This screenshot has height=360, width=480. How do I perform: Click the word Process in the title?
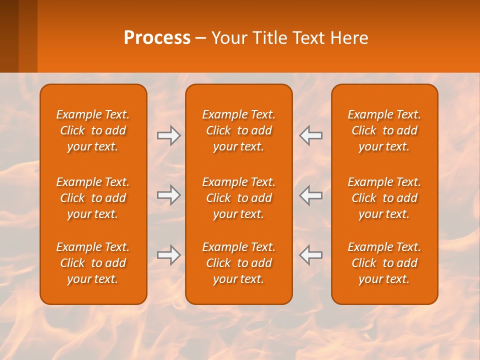point(157,38)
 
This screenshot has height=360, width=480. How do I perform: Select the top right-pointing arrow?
point(169,135)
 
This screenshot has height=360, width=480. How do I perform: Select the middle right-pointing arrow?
point(169,195)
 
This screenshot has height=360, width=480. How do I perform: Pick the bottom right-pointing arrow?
point(169,255)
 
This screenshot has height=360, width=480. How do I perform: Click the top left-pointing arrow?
point(311,135)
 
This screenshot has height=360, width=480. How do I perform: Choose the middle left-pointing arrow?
point(311,195)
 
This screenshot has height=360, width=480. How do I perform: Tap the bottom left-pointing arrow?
point(311,255)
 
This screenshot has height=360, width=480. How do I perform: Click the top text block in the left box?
point(93,130)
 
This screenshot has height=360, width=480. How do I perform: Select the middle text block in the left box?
point(93,198)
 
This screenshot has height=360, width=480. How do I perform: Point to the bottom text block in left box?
point(93,263)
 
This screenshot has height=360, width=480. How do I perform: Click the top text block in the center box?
point(238,130)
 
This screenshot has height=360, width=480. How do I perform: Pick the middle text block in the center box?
point(238,198)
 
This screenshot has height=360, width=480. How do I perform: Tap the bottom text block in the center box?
point(238,263)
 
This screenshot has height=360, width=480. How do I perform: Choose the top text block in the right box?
point(384,130)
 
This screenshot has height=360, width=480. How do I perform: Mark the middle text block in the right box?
point(384,198)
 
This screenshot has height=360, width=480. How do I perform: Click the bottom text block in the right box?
point(384,263)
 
